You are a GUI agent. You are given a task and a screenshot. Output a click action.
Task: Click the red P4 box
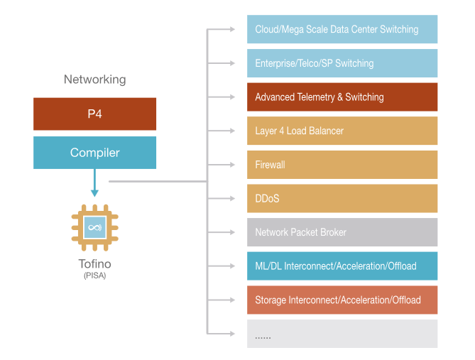tap(94, 114)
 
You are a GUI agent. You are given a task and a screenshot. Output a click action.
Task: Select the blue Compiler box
tap(94, 153)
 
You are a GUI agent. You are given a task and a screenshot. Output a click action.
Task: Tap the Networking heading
tap(94, 80)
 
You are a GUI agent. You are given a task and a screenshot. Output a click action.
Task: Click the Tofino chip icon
tap(94, 228)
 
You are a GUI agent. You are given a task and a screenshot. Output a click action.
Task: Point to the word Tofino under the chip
tap(94, 264)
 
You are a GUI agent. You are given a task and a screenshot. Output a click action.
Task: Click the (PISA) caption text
tap(94, 275)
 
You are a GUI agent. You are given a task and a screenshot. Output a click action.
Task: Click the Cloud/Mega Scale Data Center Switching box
tap(342, 30)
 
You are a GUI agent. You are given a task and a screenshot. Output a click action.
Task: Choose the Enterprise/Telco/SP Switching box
tap(342, 63)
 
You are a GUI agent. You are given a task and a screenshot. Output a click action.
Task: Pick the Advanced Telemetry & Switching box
tap(342, 97)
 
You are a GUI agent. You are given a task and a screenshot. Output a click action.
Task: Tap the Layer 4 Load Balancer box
tap(342, 131)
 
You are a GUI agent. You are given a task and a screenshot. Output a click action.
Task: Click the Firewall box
tap(342, 165)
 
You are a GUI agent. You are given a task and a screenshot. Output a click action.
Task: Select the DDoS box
tap(342, 198)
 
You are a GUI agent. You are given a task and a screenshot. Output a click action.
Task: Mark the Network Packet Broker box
tap(342, 232)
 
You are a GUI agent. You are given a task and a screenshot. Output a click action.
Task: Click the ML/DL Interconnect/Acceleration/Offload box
tap(342, 266)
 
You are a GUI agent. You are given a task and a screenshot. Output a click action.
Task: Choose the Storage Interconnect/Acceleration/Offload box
tap(342, 300)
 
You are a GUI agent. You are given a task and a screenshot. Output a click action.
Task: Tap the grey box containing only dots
tap(342, 334)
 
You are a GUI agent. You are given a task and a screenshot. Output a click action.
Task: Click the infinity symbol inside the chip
tap(94, 227)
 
